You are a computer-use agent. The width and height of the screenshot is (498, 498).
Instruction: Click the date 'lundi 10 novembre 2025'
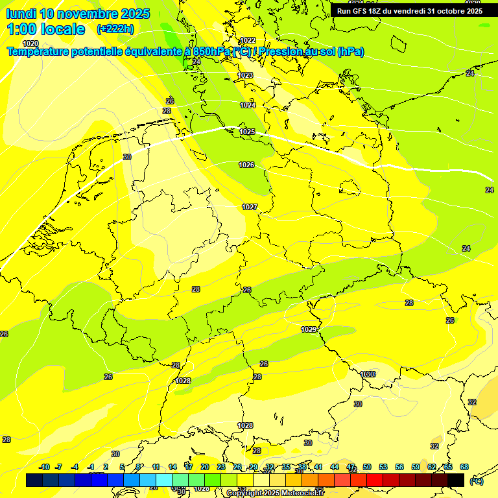pos(78,14)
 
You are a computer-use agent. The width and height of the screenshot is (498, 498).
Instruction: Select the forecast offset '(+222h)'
pos(115,29)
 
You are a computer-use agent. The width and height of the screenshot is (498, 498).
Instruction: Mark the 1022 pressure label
pos(248,40)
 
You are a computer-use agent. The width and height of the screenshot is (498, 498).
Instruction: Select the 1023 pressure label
pos(245,75)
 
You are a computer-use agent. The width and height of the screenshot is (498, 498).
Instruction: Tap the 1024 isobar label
pos(248,105)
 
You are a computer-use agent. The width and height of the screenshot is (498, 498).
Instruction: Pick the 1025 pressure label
pos(247,132)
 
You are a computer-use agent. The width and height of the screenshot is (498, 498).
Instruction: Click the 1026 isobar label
pos(246,165)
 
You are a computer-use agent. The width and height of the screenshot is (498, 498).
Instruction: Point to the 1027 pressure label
pos(250,207)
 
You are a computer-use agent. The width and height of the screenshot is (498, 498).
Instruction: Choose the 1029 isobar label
pos(309,329)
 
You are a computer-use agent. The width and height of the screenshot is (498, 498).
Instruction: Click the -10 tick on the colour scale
pos(44,467)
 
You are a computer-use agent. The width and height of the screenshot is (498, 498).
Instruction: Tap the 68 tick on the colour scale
pos(464,467)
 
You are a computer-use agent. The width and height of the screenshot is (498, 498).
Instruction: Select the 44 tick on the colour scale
pos(335,467)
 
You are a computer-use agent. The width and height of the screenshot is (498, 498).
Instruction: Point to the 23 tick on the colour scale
pos(220,467)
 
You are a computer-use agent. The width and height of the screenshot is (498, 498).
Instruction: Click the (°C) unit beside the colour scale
pos(477,480)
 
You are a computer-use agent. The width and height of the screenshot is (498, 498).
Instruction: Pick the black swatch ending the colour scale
pos(456,480)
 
